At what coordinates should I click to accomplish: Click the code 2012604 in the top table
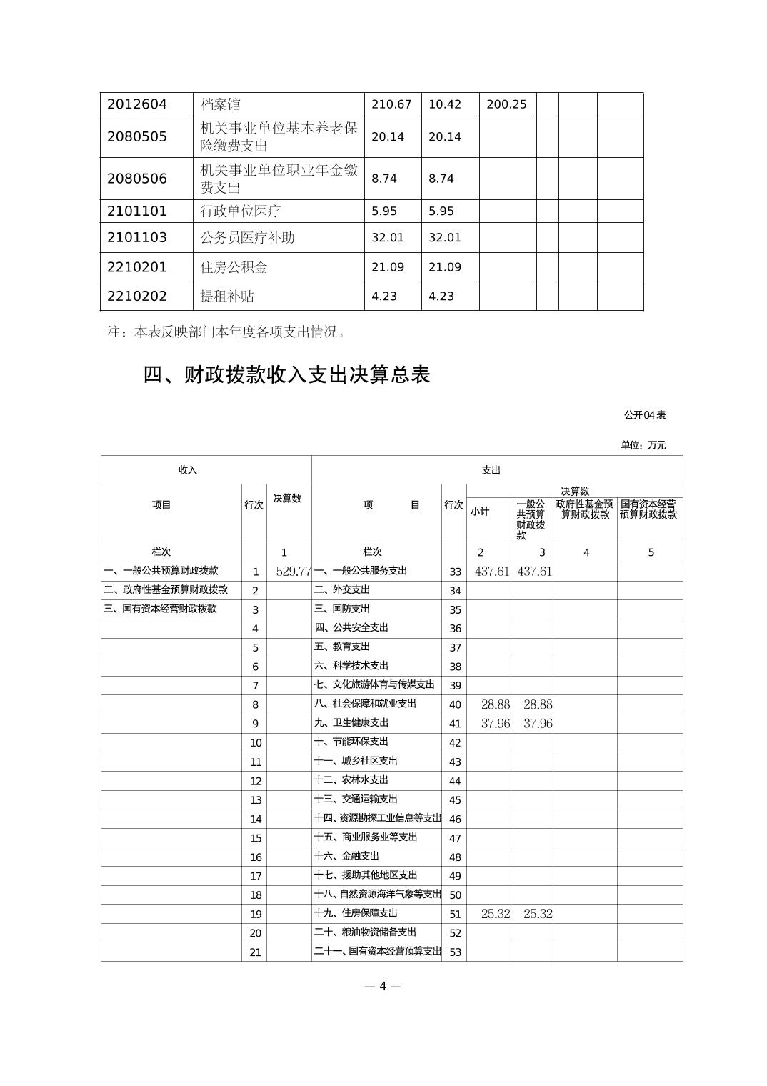coord(137,104)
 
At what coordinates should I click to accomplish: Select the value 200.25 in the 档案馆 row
coord(506,104)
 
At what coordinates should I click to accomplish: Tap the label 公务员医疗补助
coord(247,237)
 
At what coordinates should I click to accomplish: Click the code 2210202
coord(137,296)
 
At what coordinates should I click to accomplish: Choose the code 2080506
coord(137,179)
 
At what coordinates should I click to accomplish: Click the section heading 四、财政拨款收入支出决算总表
coord(286,374)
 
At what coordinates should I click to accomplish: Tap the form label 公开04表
coord(645,415)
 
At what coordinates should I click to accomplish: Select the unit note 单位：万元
coord(643,445)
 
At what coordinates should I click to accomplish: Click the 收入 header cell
coord(188,470)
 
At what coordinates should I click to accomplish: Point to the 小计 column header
coord(480,512)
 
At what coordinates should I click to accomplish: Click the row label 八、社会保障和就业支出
coord(365,704)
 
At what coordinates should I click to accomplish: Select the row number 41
coord(455,724)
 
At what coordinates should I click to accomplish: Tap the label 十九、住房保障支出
coord(356,913)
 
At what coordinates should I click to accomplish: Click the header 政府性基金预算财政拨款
coord(584,509)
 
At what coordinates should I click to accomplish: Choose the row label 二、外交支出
coord(342,590)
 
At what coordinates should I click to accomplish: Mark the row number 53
coord(455,952)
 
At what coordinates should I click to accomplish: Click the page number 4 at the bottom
coord(383,986)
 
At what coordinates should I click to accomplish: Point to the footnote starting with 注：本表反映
coord(227,332)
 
